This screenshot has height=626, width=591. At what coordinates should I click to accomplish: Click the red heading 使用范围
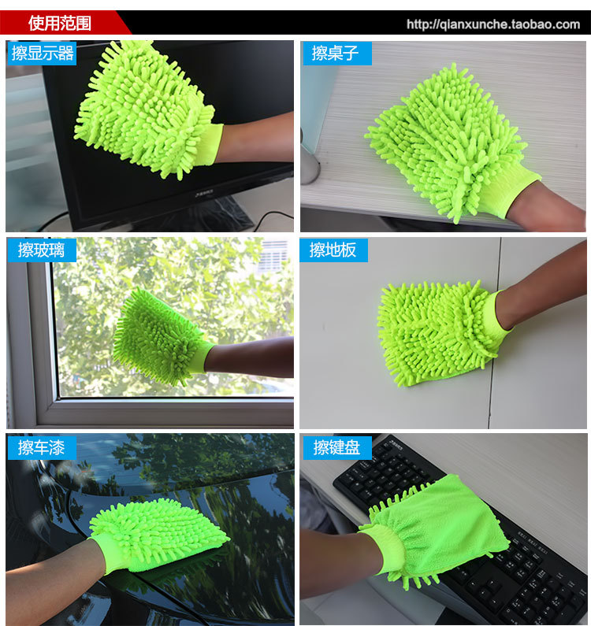click(60, 23)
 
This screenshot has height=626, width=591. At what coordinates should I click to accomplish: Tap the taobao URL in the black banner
click(493, 24)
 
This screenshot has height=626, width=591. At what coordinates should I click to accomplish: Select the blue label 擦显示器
click(43, 53)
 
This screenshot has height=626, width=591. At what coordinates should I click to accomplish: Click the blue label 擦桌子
click(336, 53)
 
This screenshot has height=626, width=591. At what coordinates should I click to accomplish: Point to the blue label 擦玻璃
click(41, 250)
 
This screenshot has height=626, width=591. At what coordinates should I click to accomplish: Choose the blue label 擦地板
click(333, 250)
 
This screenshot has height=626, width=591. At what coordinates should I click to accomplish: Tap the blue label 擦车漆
click(41, 447)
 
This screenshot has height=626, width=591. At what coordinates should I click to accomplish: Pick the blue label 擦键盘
click(336, 447)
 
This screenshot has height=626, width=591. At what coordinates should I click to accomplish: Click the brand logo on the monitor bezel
click(204, 194)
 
